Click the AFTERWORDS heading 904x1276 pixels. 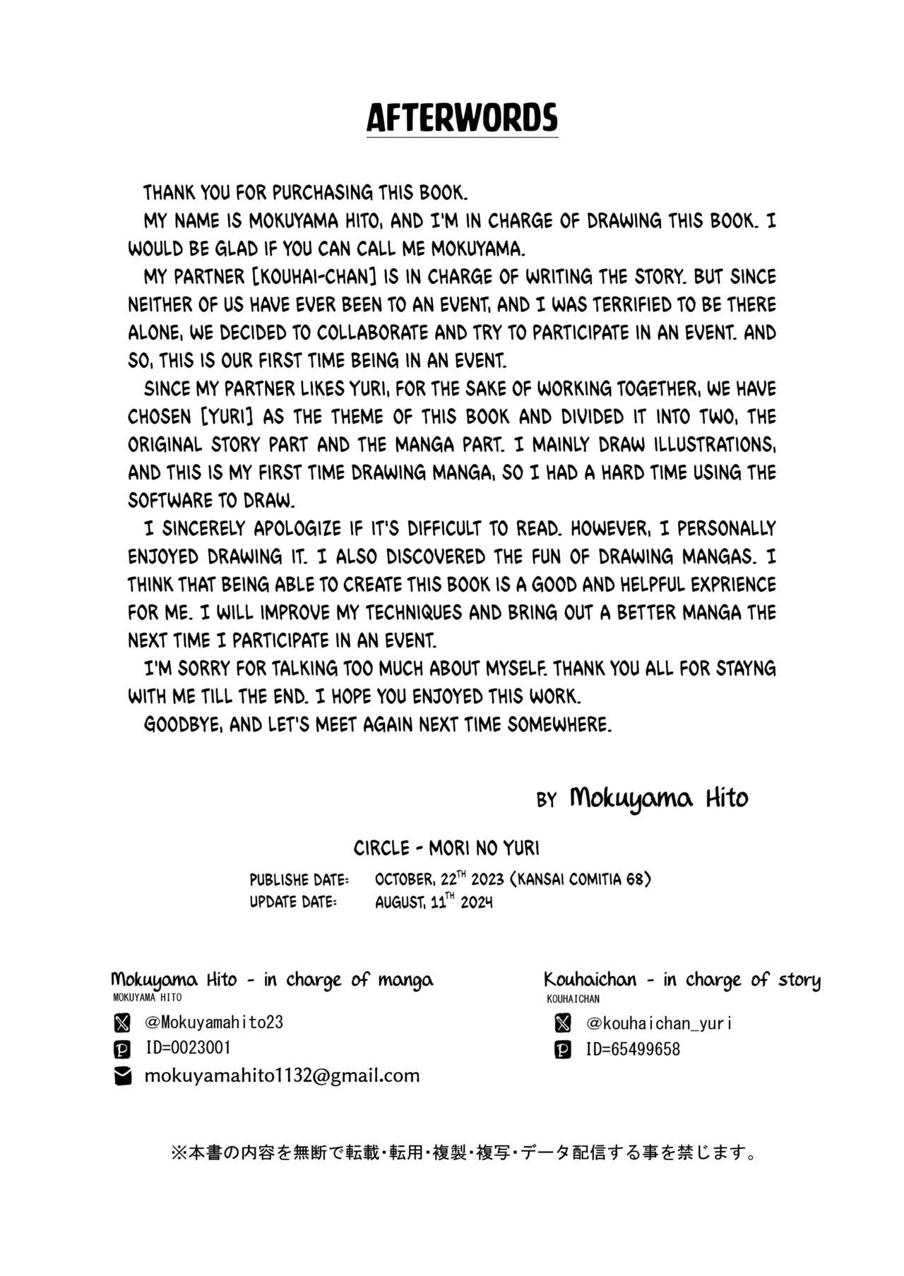pos(462,118)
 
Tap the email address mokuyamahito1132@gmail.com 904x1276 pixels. pos(282,1075)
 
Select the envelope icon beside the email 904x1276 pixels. pos(123,1076)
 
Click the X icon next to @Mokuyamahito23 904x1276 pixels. pos(122,1022)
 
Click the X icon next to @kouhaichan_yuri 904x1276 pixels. pos(563,1022)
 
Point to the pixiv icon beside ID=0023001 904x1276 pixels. pos(122,1049)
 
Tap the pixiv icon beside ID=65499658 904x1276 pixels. pos(563,1050)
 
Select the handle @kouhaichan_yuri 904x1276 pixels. pos(659,1022)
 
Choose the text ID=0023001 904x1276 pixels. pos(189,1048)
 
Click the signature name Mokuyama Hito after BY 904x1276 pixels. pos(658,799)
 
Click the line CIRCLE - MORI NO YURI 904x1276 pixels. pos(446,848)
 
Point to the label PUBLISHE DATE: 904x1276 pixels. pos(299,880)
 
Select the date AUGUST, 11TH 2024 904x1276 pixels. pos(434,902)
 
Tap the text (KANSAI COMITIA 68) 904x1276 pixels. pos(584,879)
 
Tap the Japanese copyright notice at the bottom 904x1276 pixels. pos(463,1153)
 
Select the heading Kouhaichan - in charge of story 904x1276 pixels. pos(682,979)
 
